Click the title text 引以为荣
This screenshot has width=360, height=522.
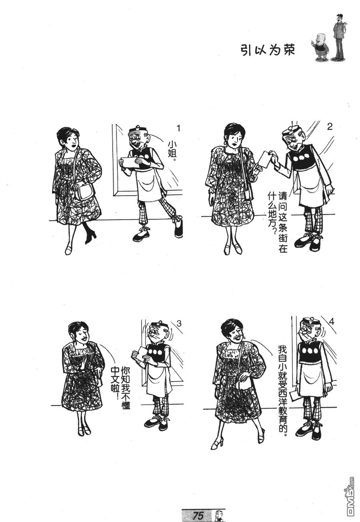(268, 50)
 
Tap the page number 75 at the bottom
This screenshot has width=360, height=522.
(198, 515)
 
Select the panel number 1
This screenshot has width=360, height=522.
(179, 128)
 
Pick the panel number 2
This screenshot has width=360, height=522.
(330, 127)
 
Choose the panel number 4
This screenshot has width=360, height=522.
(331, 322)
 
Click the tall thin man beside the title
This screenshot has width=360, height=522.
(340, 37)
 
